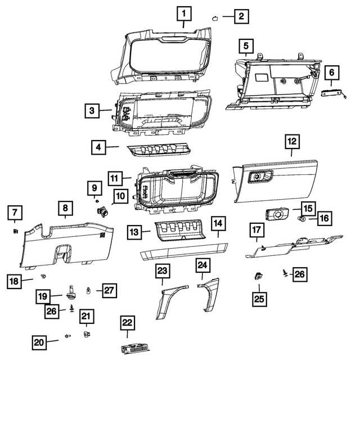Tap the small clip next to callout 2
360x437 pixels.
coord(215,17)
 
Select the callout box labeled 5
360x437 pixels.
coord(245,44)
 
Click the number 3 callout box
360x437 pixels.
coord(92,111)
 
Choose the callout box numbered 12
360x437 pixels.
coord(292,141)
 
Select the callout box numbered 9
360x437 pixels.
coord(94,186)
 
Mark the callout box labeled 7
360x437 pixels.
coord(15,213)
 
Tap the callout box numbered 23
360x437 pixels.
coord(162,272)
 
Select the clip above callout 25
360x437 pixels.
coord(258,276)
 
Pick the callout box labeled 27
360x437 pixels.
coord(109,291)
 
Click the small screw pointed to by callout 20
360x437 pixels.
coord(67,336)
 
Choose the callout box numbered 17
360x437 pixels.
coord(257,230)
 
